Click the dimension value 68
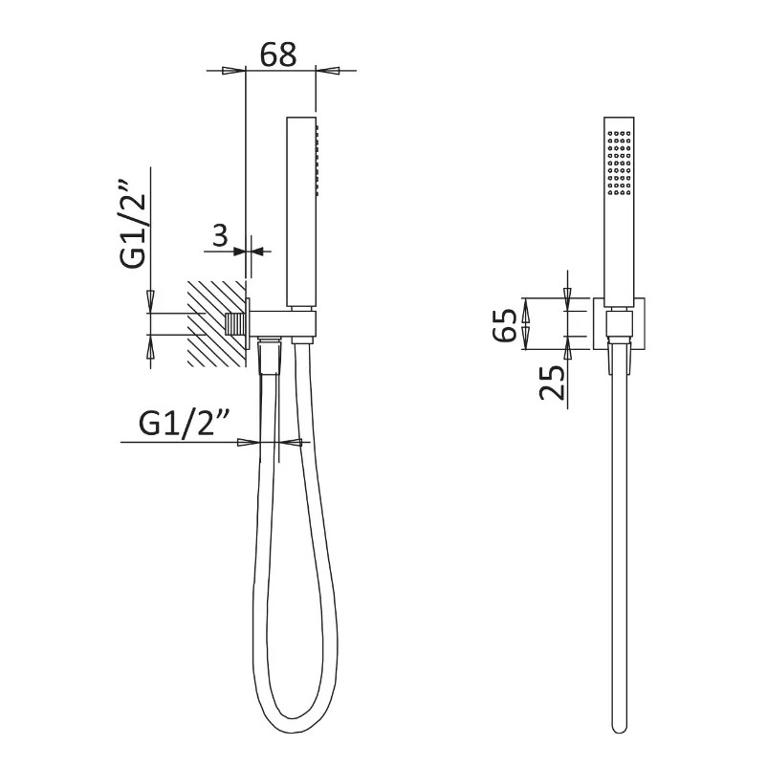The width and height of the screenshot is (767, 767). point(278,55)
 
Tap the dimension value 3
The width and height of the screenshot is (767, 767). point(220,235)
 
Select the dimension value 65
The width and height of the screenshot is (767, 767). point(505,325)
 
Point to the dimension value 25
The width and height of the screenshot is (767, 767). point(552,383)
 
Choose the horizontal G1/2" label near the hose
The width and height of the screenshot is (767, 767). point(184,424)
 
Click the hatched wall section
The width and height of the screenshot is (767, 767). point(216,324)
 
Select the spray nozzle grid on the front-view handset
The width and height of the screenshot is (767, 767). point(619,163)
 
